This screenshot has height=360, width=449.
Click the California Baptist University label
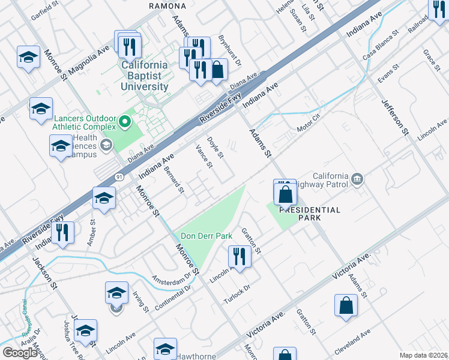[x=144, y=76]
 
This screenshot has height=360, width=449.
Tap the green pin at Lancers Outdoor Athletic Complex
[x=125, y=123]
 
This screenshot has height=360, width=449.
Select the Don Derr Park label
[x=206, y=236]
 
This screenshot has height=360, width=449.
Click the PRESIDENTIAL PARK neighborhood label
[x=310, y=214]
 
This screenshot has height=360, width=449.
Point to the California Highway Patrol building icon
[x=357, y=178]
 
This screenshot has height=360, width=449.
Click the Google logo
[x=20, y=353]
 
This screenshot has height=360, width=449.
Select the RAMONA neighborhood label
[x=167, y=5]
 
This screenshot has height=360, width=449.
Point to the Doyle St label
[x=215, y=148]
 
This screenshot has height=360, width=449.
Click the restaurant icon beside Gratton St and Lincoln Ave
[x=240, y=256]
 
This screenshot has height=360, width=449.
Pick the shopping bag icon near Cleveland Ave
[x=347, y=305]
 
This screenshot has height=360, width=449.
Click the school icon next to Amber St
[x=104, y=199]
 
